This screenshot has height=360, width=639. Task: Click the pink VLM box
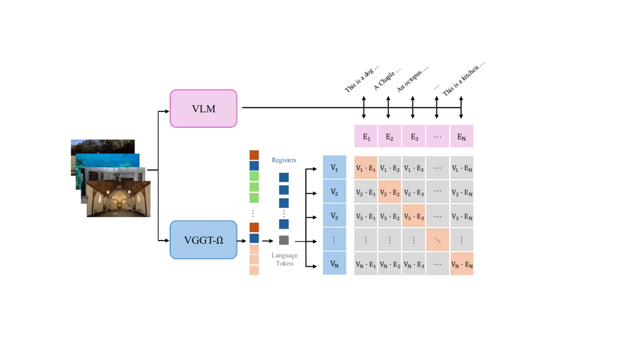(x=203, y=109)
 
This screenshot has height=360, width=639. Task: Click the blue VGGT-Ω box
(x=203, y=240)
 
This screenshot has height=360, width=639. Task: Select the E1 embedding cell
(x=366, y=136)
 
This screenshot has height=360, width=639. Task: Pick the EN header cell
(x=462, y=136)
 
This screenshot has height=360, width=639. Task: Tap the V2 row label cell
(x=334, y=191)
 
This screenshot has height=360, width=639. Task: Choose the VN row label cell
(x=334, y=263)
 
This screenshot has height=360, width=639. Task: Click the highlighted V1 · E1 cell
(x=366, y=168)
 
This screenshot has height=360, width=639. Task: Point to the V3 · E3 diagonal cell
(x=414, y=216)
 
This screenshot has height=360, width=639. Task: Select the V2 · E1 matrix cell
(x=366, y=192)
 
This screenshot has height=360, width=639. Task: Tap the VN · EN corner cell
(x=462, y=264)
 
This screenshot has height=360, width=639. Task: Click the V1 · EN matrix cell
(x=462, y=168)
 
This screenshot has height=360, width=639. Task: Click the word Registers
(x=284, y=160)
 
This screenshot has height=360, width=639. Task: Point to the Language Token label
(x=285, y=259)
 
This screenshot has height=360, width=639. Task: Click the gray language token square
(x=284, y=240)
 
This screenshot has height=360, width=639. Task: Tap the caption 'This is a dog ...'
(x=361, y=79)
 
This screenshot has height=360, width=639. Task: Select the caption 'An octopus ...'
(x=412, y=79)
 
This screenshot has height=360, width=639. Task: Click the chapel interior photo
(x=119, y=199)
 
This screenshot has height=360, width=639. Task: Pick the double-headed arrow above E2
(x=388, y=107)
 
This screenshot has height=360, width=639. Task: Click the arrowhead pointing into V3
(x=315, y=217)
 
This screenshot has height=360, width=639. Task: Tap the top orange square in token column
(x=254, y=155)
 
